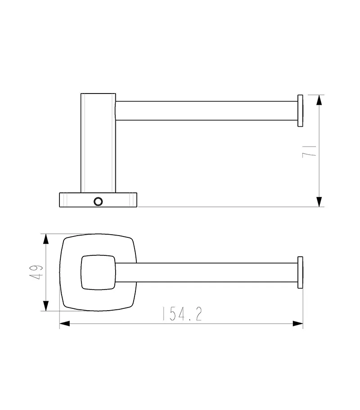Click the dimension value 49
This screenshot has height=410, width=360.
pos(37,272)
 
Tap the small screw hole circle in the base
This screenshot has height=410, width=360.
pos(98,201)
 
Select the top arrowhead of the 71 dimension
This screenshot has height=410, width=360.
pos(319,100)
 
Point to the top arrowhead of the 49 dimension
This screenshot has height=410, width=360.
pos(46,239)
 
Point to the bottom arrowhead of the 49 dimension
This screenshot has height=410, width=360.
pos(46,305)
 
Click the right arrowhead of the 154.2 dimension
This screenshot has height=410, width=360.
pos(297,323)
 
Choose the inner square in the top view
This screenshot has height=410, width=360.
pos(98,272)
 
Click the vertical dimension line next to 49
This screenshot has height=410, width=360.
pos(46,288)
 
